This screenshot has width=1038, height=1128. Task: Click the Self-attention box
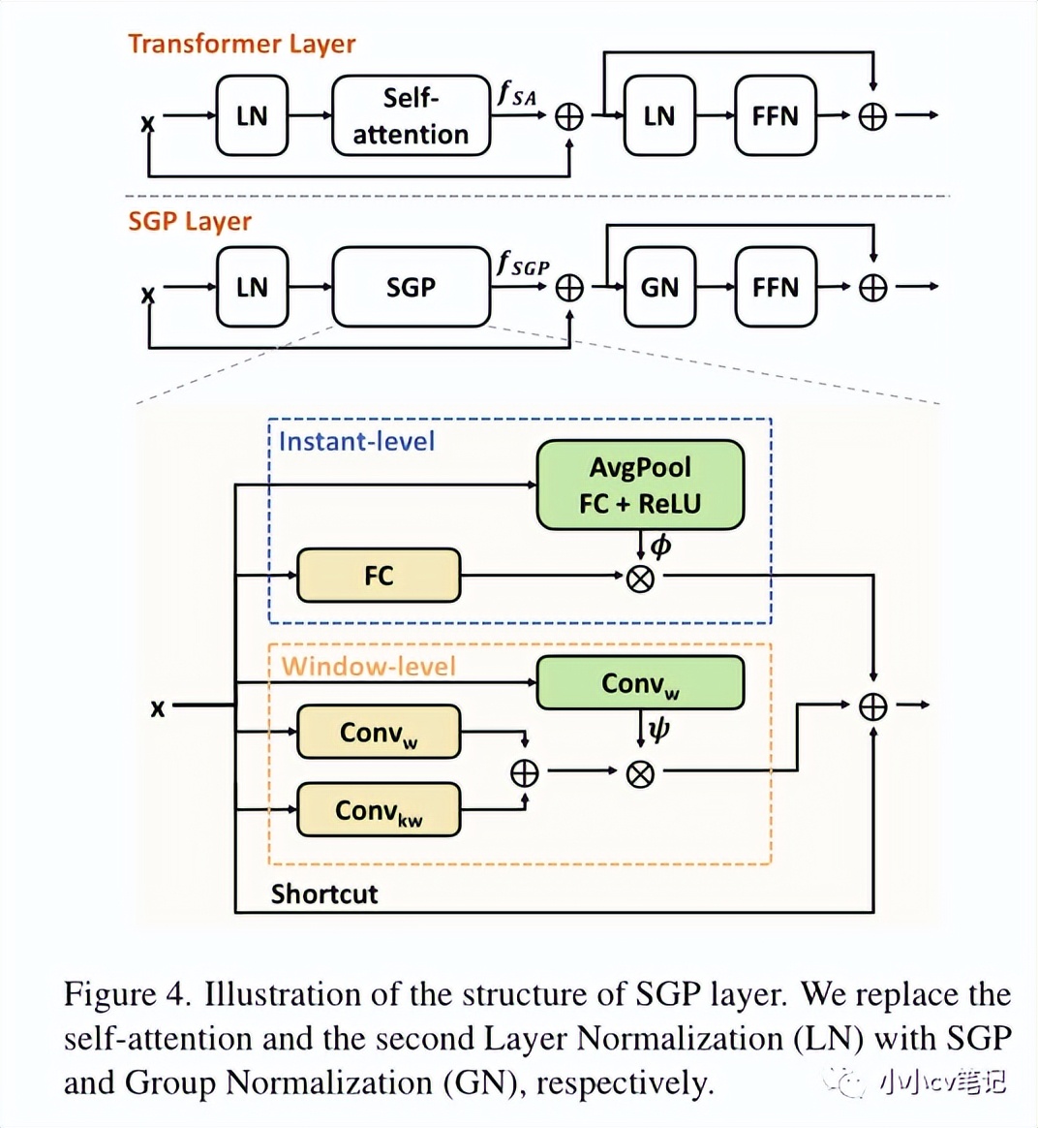tap(411, 115)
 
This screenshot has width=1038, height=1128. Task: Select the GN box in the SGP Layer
tap(659, 287)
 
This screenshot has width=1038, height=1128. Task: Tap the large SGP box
tap(411, 287)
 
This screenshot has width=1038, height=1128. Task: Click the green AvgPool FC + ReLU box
tap(640, 485)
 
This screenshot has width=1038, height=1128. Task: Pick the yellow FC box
tap(379, 576)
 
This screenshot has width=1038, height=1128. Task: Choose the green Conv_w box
tap(640, 683)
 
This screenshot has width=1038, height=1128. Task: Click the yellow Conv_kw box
tap(379, 810)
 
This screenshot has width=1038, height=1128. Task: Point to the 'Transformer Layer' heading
tap(241, 45)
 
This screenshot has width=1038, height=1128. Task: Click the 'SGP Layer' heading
tap(190, 222)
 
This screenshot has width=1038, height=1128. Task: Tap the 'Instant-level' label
tap(356, 442)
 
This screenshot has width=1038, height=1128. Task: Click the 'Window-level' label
tap(368, 666)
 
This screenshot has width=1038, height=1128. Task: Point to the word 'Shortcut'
tap(323, 893)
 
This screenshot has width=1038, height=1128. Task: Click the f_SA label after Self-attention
tap(517, 94)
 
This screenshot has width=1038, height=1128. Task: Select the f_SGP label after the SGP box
tap(523, 264)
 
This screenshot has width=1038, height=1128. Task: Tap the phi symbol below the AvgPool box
tap(661, 547)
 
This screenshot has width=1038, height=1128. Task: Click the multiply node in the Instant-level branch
tap(640, 579)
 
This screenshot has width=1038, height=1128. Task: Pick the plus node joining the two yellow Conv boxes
tap(524, 772)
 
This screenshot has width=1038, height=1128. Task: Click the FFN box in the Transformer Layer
tap(775, 116)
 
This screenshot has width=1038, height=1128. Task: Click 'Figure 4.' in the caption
tap(124, 994)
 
